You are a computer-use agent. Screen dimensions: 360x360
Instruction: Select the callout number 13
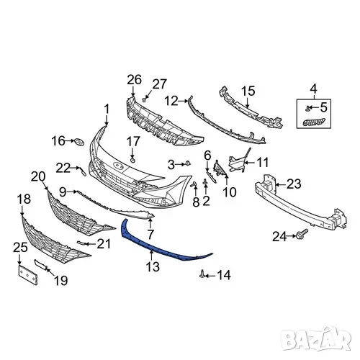[x=153, y=266]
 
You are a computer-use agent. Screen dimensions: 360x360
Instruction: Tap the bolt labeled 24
[x=302, y=234]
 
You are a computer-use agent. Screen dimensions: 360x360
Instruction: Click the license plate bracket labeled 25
[x=28, y=274]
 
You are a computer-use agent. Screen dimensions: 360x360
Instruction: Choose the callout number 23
[x=294, y=184]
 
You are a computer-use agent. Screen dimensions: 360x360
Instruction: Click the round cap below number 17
[x=132, y=160]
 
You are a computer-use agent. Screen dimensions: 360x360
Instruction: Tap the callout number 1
[x=107, y=109]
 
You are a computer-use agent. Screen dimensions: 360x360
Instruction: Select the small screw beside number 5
[x=307, y=109]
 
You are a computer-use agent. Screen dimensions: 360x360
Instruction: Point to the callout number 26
[x=134, y=80]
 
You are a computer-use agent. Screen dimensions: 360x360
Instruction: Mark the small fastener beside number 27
[x=145, y=99]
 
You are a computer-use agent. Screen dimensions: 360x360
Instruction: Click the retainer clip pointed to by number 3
[x=188, y=163]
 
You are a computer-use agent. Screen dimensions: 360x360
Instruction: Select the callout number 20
[x=38, y=177]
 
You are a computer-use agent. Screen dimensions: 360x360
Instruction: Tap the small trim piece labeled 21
[x=81, y=243]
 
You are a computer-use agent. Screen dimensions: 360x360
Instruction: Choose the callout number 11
[x=263, y=163]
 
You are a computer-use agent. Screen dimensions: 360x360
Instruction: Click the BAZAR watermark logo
[x=316, y=338]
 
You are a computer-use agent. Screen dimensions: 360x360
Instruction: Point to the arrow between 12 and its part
[x=183, y=102]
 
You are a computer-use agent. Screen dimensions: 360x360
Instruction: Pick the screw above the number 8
[x=194, y=184]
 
